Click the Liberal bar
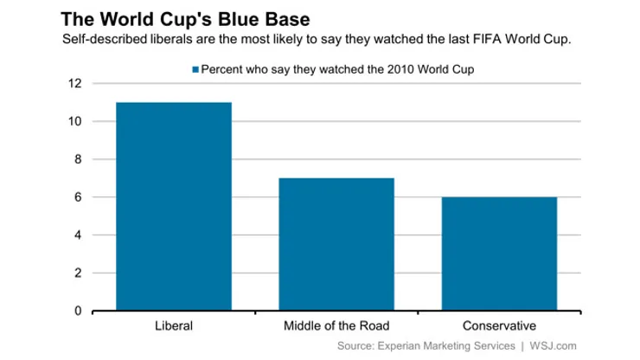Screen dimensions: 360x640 coord(175,206)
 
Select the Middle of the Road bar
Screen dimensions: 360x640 coord(337,244)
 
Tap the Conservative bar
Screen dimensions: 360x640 coord(499,254)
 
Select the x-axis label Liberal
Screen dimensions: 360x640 coord(175,326)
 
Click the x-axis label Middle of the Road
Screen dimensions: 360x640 coord(337,326)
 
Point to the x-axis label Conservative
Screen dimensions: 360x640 coord(499,326)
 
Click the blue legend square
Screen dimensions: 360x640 coord(195,68)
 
